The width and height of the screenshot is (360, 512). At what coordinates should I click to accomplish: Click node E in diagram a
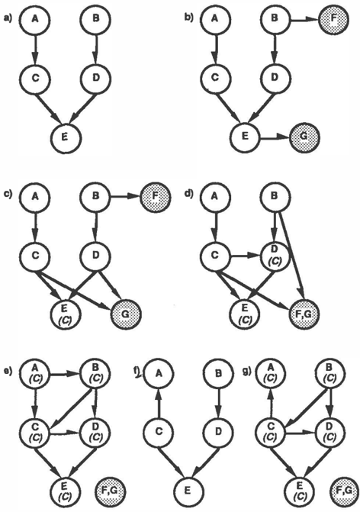[65, 137]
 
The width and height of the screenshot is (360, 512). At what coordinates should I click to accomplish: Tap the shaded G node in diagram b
[304, 137]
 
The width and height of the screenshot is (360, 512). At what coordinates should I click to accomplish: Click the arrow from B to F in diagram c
[126, 197]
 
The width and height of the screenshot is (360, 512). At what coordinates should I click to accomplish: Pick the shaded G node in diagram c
[126, 314]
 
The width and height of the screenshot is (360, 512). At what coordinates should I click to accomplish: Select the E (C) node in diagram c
[65, 314]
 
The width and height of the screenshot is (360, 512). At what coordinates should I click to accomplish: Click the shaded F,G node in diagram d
[304, 314]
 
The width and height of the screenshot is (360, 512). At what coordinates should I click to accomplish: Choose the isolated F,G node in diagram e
[111, 490]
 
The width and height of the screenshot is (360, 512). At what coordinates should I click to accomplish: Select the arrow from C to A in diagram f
[158, 402]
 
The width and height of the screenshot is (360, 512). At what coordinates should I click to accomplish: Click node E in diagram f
[188, 490]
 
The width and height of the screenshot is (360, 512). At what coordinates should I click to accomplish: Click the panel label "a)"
[7, 19]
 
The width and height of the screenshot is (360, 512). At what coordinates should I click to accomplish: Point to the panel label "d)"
[188, 193]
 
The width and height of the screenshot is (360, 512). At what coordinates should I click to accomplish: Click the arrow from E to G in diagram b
[274, 137]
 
